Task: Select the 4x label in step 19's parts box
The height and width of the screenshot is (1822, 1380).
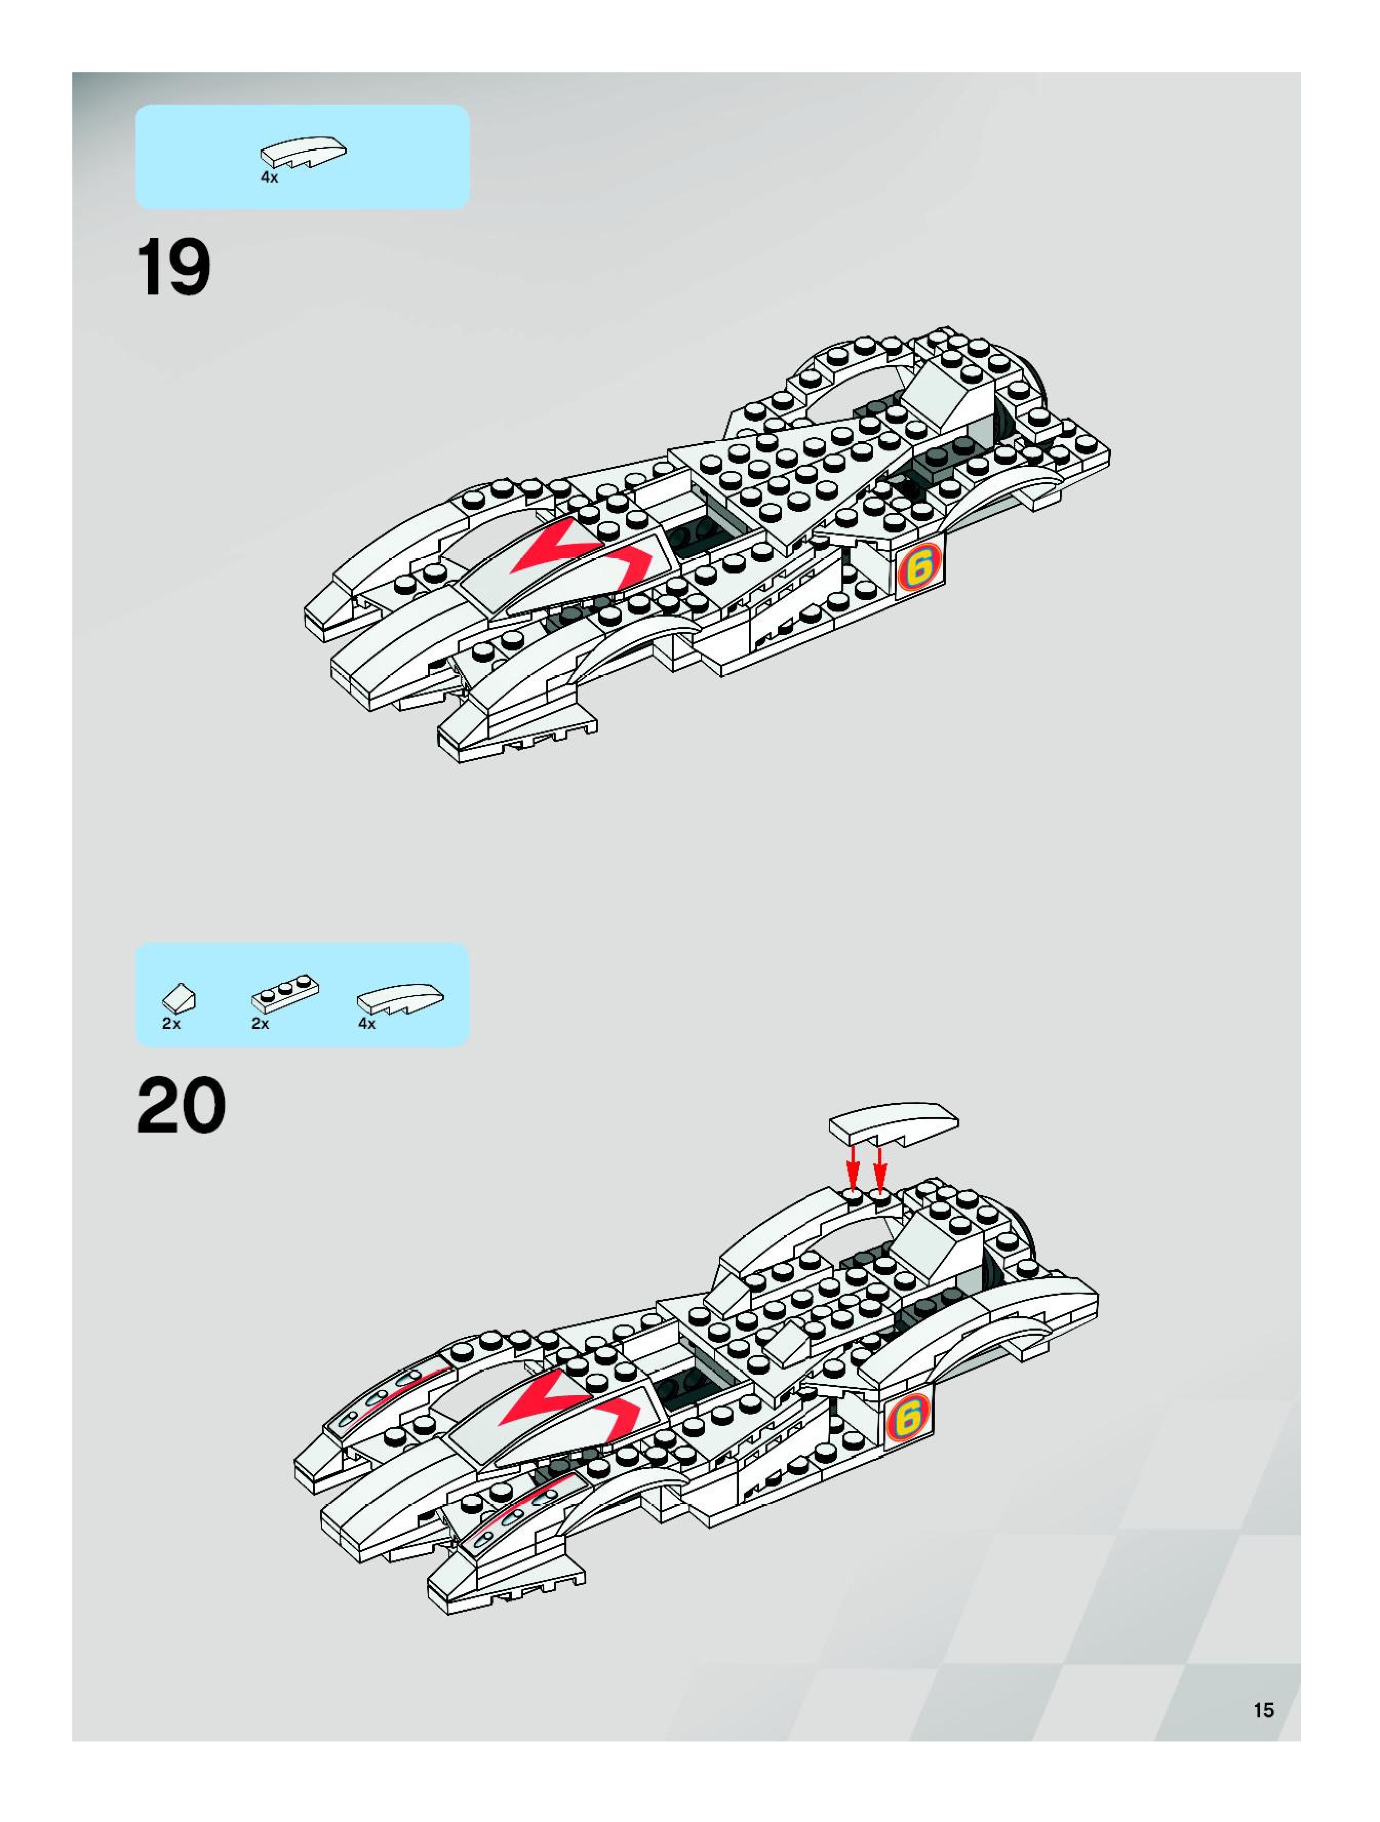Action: pos(269,178)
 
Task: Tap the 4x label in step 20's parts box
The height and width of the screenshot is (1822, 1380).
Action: pos(367,1024)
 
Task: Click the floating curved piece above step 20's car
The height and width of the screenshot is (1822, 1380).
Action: pos(894,1123)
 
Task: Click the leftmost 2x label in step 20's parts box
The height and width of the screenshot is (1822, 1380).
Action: pos(171,1024)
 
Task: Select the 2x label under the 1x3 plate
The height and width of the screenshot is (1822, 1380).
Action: pos(260,1024)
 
